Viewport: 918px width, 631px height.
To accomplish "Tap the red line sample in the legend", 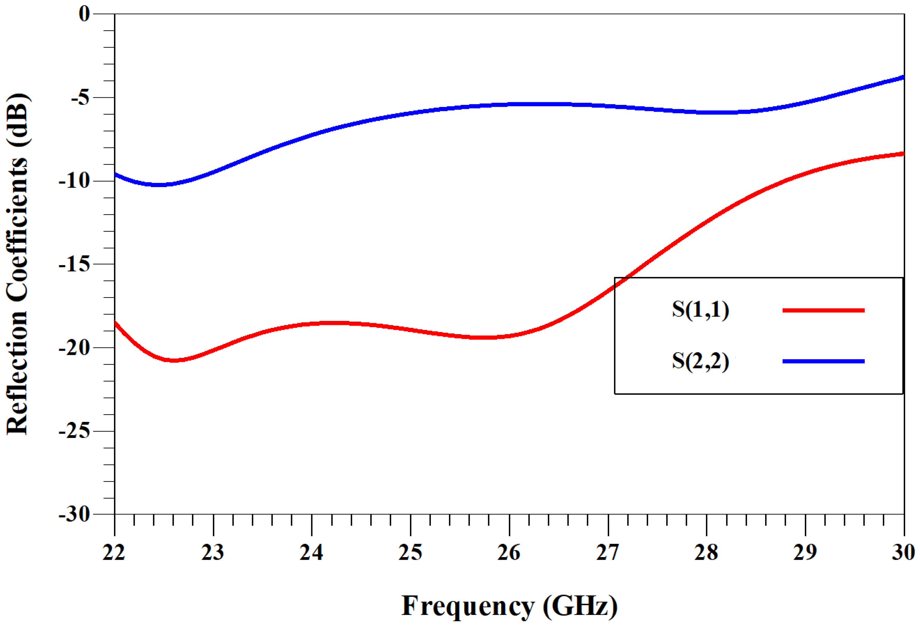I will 823,310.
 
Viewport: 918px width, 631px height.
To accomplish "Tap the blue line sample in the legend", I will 823,361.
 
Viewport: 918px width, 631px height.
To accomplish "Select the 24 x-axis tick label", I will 311,552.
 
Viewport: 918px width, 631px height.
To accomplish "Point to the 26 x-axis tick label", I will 509,552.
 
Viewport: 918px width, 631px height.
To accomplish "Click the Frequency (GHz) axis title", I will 509,606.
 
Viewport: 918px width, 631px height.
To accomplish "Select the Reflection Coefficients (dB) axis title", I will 18,264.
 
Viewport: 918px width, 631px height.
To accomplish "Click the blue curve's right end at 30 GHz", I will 903,77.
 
